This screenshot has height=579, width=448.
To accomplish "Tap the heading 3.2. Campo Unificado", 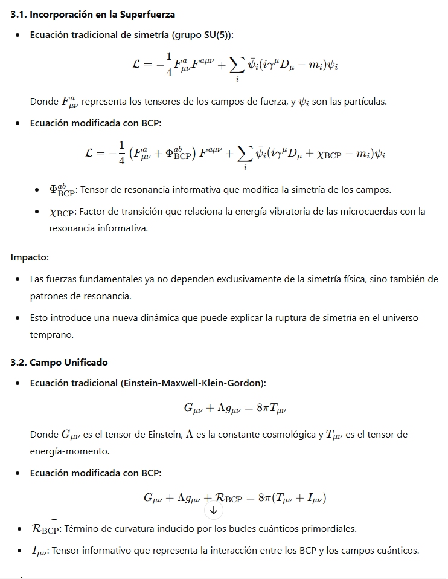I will tap(59, 362).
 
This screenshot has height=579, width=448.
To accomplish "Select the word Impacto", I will tap(30, 257).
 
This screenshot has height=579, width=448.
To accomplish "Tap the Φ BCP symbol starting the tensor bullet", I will tap(62, 190).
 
